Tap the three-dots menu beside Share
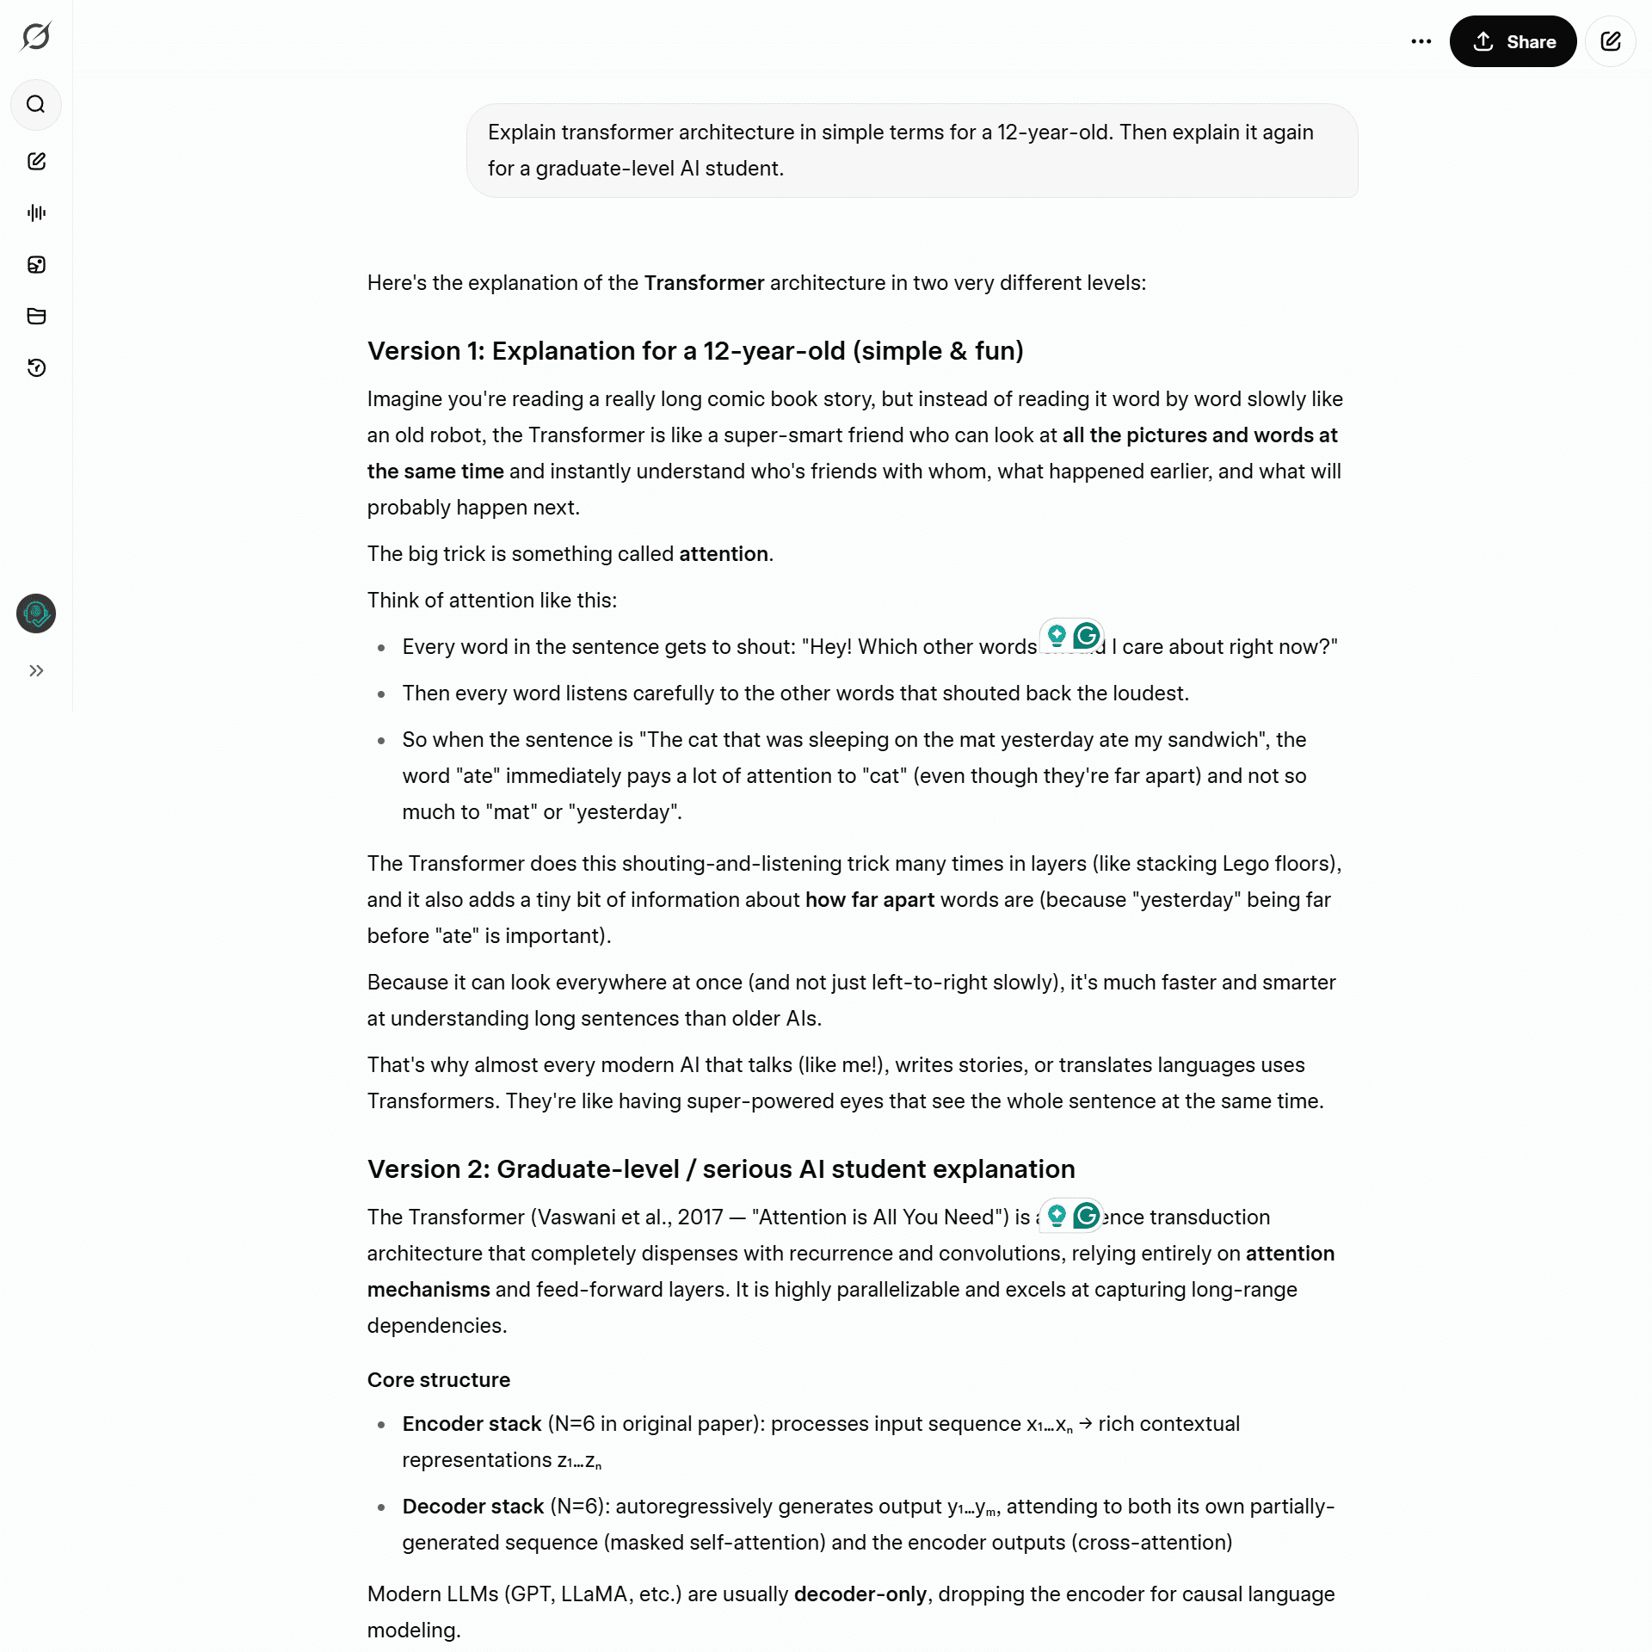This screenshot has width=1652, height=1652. point(1421,41)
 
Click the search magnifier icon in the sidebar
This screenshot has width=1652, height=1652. point(36,105)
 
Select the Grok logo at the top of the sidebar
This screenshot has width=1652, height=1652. point(36,36)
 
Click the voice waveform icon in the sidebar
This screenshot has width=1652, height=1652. point(36,213)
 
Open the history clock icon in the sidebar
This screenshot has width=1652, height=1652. point(36,368)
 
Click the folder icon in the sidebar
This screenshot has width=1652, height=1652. point(36,316)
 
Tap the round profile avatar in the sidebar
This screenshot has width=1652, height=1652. point(36,613)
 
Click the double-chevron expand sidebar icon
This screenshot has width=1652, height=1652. point(36,670)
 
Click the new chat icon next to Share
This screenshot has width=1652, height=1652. point(1610,41)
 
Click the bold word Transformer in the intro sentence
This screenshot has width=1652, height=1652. point(704,283)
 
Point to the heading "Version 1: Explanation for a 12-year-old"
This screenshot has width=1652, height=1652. point(695,351)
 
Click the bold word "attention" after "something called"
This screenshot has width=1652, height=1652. point(723,554)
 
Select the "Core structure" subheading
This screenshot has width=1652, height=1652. point(439,1380)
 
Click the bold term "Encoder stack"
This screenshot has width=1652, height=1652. point(472,1424)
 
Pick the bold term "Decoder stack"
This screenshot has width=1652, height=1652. point(472,1507)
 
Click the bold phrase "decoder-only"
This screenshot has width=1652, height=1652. point(860,1594)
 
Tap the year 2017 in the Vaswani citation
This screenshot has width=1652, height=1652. point(700,1217)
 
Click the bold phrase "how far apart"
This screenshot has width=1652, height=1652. point(869,900)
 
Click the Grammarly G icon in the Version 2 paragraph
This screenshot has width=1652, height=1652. point(1087,1216)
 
